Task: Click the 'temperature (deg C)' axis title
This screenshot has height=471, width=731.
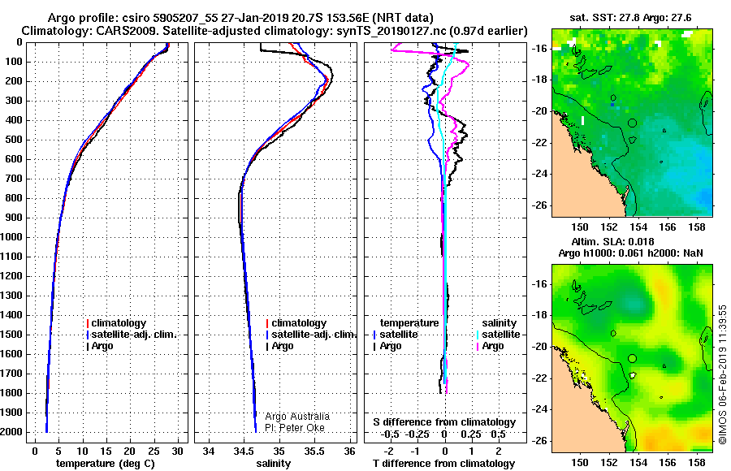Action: (x=106, y=464)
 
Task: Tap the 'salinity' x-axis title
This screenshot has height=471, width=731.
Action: (x=273, y=464)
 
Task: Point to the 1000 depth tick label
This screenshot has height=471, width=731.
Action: (x=11, y=237)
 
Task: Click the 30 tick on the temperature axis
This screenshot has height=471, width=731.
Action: (x=177, y=452)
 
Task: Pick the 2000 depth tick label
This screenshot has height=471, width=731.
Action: (x=11, y=432)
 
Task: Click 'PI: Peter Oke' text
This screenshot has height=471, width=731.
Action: (x=295, y=428)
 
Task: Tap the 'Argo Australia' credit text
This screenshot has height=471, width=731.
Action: (x=297, y=417)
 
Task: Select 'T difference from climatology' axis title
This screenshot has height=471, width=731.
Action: (x=443, y=464)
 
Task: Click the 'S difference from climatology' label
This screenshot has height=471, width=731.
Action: (x=444, y=422)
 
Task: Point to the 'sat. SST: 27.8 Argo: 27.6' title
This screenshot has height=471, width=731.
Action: (x=630, y=18)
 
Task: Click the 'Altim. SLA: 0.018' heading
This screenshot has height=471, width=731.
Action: (x=612, y=241)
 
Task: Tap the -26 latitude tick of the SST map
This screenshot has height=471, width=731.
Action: (x=539, y=205)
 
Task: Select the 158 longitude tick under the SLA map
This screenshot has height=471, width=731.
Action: (x=697, y=463)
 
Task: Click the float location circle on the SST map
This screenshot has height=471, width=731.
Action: (x=632, y=123)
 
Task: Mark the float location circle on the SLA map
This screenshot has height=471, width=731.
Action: (x=632, y=358)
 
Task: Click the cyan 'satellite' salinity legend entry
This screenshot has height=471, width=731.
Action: (x=498, y=335)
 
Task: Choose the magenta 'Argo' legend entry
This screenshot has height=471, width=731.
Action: (x=490, y=346)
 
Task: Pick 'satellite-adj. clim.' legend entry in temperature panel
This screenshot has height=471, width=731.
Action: (x=132, y=335)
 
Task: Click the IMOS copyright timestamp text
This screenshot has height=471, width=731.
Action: (x=722, y=374)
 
